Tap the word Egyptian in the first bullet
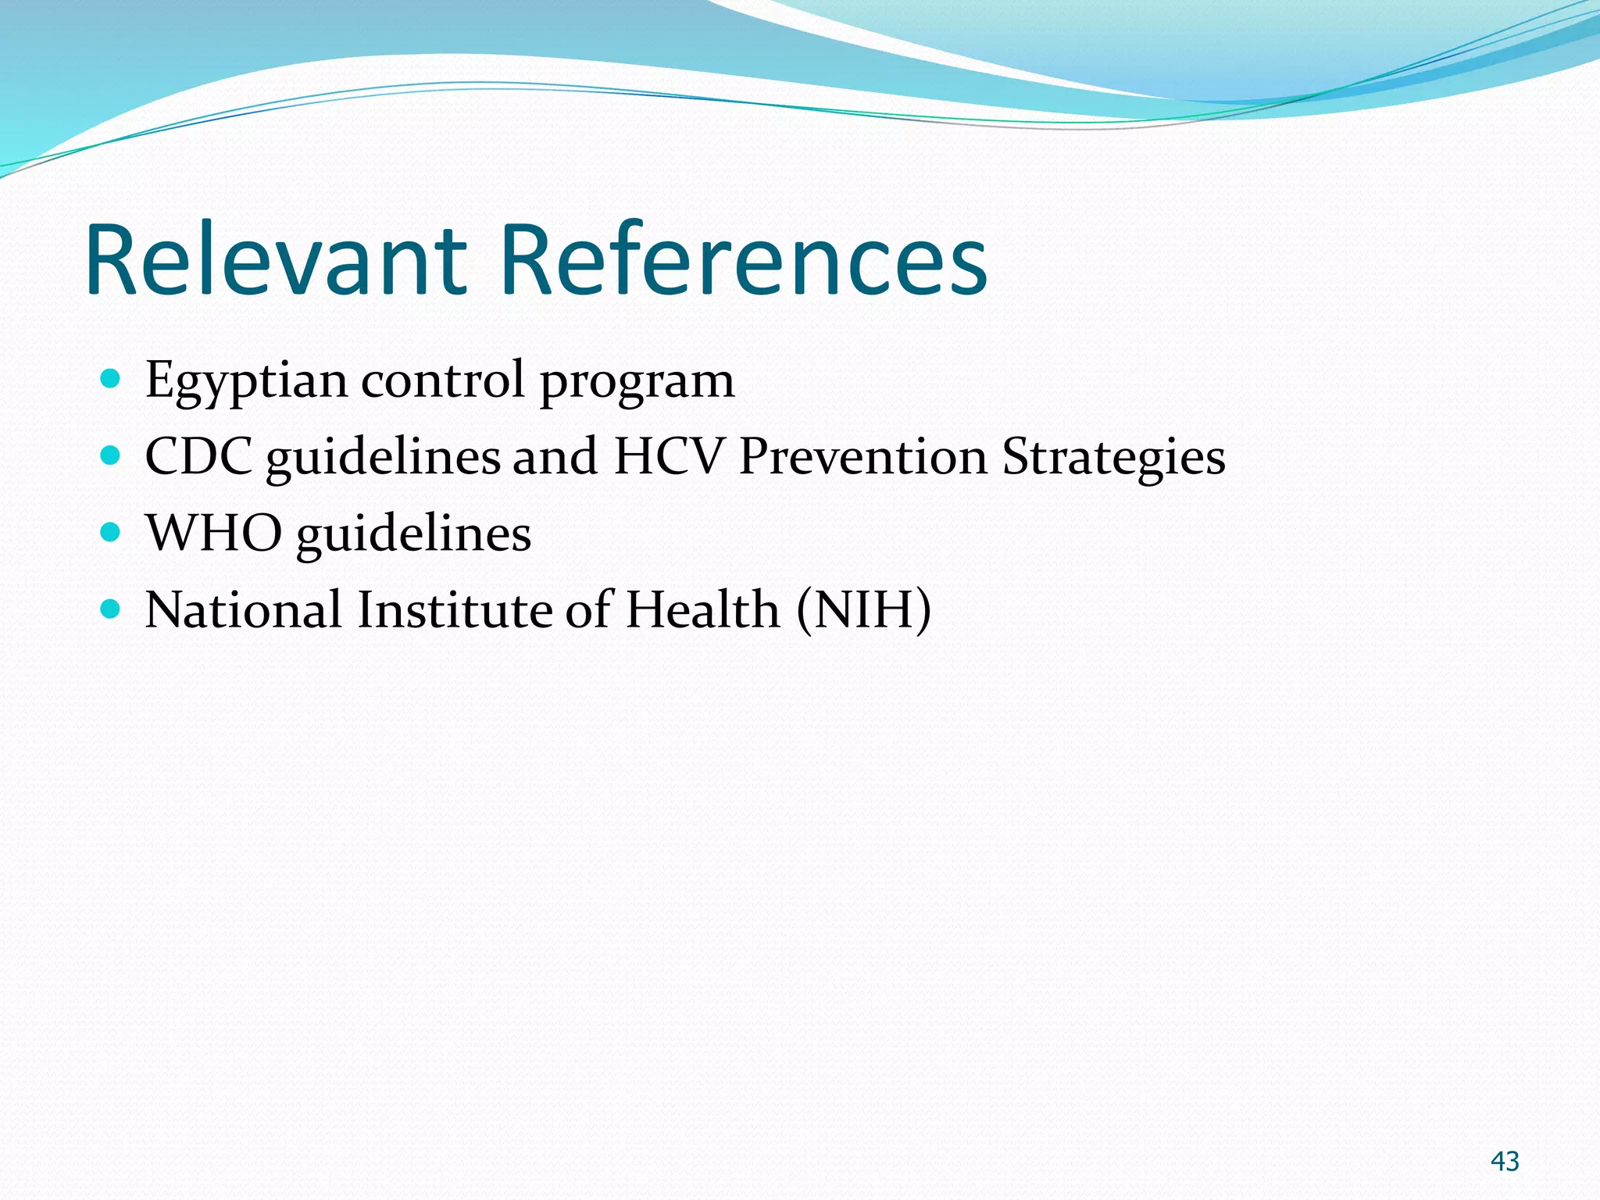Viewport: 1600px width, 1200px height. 246,381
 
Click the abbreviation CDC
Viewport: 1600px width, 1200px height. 198,456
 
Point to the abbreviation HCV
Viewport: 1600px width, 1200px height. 669,456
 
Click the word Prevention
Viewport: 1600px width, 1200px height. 863,456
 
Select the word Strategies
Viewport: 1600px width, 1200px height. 1113,458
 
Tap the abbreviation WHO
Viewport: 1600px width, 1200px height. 213,533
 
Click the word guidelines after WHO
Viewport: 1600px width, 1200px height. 413,534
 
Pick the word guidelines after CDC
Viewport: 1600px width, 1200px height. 383,458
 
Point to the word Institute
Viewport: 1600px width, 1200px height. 454,609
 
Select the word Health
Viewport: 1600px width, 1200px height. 702,609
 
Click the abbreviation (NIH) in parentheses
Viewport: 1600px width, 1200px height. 864,609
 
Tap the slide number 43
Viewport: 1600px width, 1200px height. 1505,1161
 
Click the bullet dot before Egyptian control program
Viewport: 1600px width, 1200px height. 110,380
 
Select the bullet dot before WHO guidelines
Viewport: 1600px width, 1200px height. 110,533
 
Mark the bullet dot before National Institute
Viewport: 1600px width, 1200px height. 110,609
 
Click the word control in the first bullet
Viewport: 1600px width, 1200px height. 442,380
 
